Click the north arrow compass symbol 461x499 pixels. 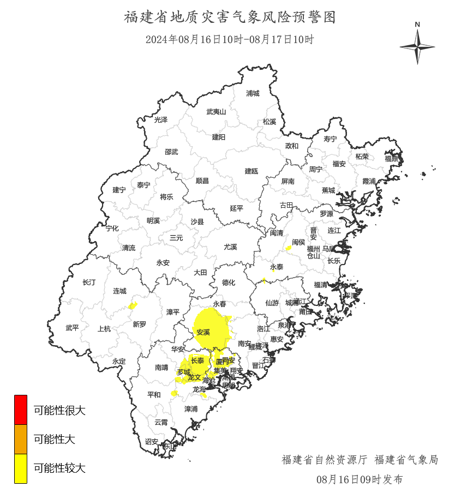[x=417, y=46]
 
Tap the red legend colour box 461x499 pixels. [x=21, y=410]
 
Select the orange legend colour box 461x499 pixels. [x=21, y=439]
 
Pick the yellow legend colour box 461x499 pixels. [x=21, y=468]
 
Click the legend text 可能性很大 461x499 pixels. [x=59, y=410]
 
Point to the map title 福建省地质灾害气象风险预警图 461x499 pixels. [x=230, y=17]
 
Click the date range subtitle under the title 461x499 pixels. [x=230, y=39]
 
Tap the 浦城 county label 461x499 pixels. [x=253, y=93]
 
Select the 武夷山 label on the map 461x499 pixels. [x=215, y=112]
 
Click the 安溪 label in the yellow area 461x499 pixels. [x=203, y=332]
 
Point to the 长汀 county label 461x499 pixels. [x=88, y=282]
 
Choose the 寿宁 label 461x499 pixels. [x=330, y=139]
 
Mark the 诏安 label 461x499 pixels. [x=151, y=441]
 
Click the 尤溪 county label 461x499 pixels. [x=230, y=247]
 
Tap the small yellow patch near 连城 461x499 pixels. [x=133, y=305]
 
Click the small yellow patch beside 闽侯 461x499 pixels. [x=288, y=249]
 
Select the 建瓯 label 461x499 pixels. [x=251, y=171]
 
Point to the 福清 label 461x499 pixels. [x=320, y=284]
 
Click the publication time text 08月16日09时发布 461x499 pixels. [x=360, y=479]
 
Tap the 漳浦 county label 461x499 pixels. [x=191, y=408]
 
